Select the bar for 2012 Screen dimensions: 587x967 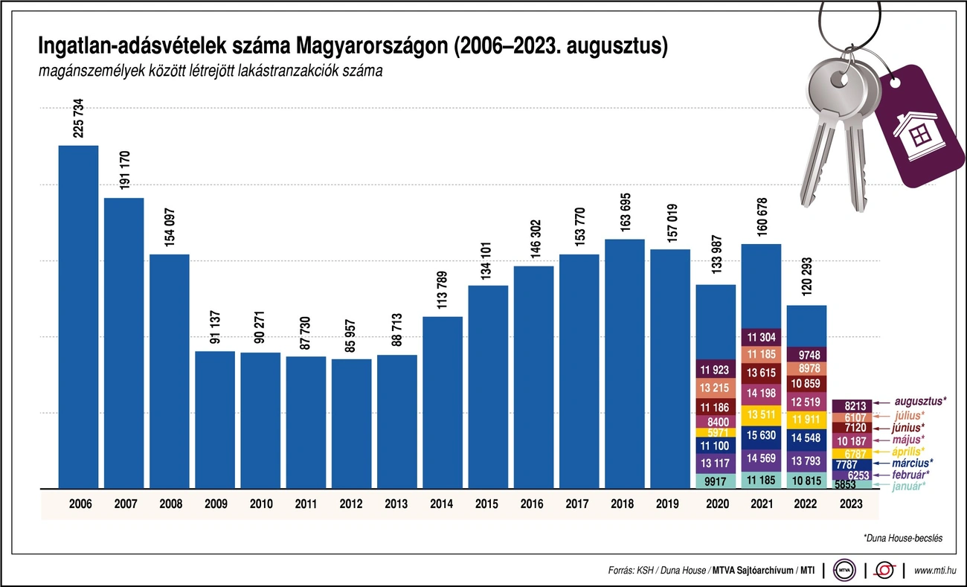[351, 423]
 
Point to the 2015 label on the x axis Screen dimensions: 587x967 [487, 504]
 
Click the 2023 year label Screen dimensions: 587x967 [851, 504]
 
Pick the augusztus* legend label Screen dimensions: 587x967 [919, 401]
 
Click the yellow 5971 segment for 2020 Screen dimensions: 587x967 [715, 432]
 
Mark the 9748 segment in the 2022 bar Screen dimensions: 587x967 [806, 354]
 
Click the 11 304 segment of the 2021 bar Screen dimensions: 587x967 [760, 336]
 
